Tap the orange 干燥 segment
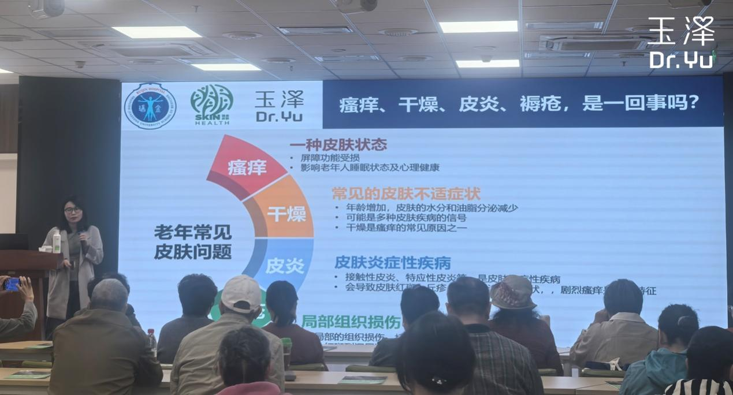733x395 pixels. pyautogui.click(x=284, y=214)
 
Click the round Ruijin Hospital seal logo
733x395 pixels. pyautogui.click(x=150, y=105)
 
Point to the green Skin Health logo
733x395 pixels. pyautogui.click(x=211, y=106)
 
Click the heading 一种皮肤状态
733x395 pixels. pyautogui.click(x=338, y=144)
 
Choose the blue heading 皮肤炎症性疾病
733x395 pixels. pyautogui.click(x=392, y=263)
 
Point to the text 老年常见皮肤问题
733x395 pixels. pyautogui.click(x=193, y=242)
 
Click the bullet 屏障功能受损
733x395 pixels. pyautogui.click(x=330, y=157)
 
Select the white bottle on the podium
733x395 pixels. pyautogui.click(x=57, y=241)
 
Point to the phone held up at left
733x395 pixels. pyautogui.click(x=12, y=284)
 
